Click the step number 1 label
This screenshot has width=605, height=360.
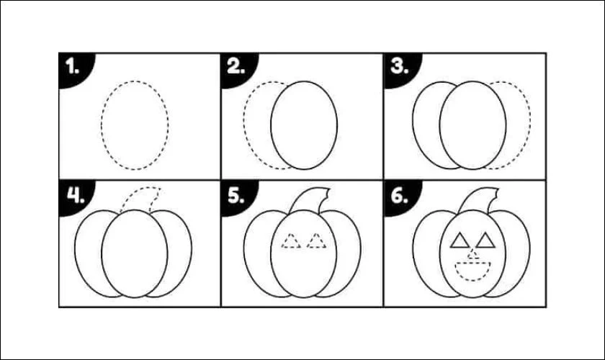[x=72, y=66]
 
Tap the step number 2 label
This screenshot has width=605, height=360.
[x=236, y=66]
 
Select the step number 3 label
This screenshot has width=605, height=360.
[x=399, y=66]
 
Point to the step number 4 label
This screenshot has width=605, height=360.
[x=76, y=195]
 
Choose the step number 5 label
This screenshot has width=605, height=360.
[x=236, y=195]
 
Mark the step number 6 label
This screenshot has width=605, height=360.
[x=399, y=195]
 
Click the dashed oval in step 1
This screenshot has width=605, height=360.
[x=102, y=125]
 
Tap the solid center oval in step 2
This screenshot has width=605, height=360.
[x=271, y=125]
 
